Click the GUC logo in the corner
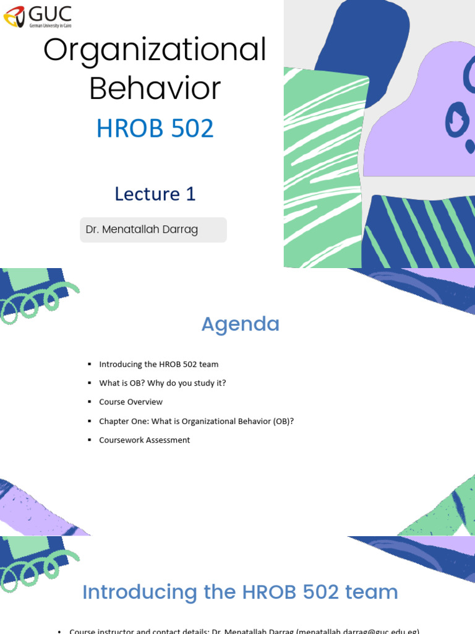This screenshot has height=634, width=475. point(38,16)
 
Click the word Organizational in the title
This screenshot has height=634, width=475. point(155,50)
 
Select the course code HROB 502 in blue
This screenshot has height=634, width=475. point(155,128)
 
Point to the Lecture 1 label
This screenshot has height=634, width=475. point(155,194)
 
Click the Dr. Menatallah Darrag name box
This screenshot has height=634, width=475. point(153,230)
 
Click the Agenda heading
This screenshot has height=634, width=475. point(240,324)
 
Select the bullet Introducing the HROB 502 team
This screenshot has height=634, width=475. point(158,364)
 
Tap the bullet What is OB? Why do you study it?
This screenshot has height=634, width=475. point(162,383)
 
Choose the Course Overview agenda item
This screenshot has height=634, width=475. point(131,402)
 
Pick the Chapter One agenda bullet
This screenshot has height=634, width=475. point(196,421)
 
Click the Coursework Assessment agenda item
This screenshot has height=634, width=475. point(144,440)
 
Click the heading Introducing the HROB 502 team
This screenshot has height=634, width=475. point(240,592)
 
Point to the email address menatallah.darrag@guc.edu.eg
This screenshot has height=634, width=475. point(359,630)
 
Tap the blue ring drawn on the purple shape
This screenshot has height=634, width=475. point(457,120)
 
